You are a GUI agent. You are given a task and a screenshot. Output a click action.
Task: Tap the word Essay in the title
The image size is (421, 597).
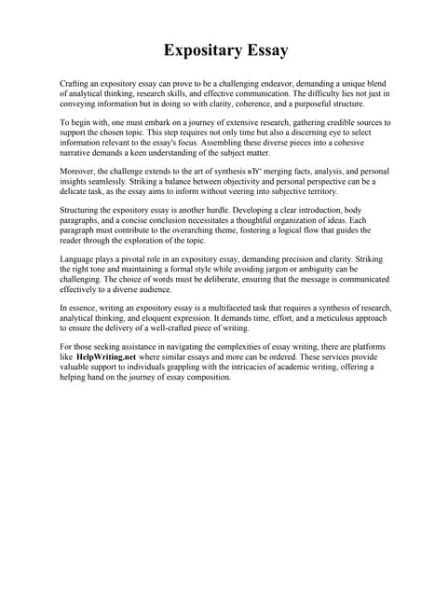coord(264,49)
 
